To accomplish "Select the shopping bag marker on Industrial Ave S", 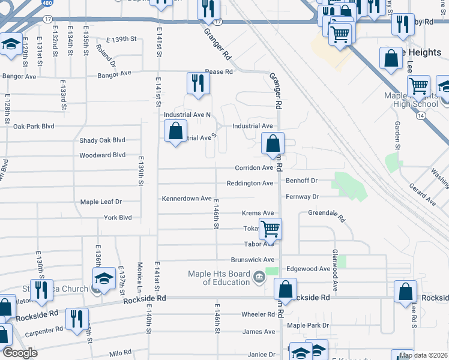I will click(175, 131).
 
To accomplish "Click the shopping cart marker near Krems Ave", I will click(271, 229).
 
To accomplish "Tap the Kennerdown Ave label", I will click(186, 199).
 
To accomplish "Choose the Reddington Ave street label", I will click(250, 183).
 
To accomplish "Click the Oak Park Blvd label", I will click(34, 127).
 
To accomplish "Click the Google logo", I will click(20, 353).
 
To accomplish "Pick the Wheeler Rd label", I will click(258, 314).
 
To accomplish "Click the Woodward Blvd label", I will click(102, 155).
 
